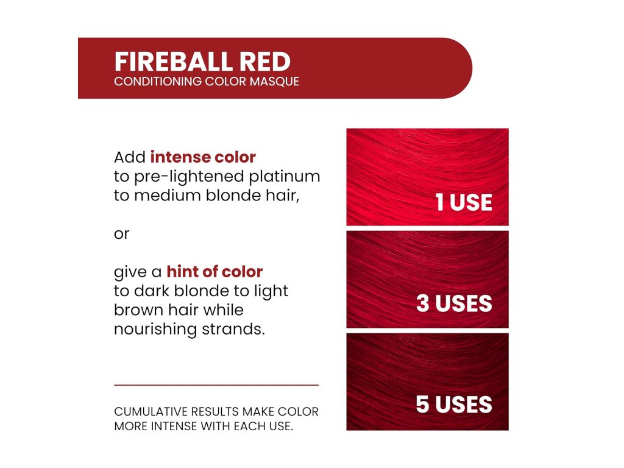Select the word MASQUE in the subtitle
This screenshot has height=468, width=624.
[x=274, y=81]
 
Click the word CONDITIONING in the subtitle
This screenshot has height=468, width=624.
[x=158, y=81]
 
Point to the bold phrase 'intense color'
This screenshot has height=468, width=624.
[x=203, y=157]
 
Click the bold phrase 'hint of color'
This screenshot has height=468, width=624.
[x=214, y=272]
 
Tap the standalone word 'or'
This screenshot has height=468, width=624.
[x=121, y=234]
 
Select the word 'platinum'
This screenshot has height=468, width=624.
[x=284, y=177]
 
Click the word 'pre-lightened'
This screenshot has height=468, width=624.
[x=188, y=177]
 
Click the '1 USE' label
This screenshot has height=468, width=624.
[x=464, y=202]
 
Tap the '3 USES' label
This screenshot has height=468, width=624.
[x=454, y=303]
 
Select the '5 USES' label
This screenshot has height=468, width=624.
[x=454, y=405]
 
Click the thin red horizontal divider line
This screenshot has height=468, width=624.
[x=216, y=385]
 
